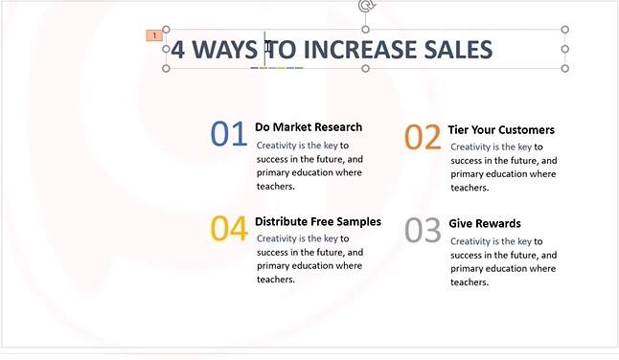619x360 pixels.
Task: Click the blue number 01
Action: (x=229, y=134)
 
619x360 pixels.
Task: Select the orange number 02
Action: (x=423, y=138)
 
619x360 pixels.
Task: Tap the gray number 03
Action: (x=423, y=231)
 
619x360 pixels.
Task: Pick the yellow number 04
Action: (x=229, y=229)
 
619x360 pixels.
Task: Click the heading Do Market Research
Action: (x=309, y=127)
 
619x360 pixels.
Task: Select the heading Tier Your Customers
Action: (x=500, y=130)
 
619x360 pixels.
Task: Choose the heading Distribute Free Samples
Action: (x=317, y=221)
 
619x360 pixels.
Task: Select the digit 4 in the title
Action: (x=178, y=50)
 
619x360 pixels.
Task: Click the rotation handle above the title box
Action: (x=365, y=6)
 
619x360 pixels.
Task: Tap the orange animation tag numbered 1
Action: (x=153, y=35)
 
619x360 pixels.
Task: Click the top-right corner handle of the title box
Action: (x=564, y=30)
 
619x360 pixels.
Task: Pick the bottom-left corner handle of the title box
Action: (x=167, y=69)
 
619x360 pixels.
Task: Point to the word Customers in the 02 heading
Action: (x=526, y=130)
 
